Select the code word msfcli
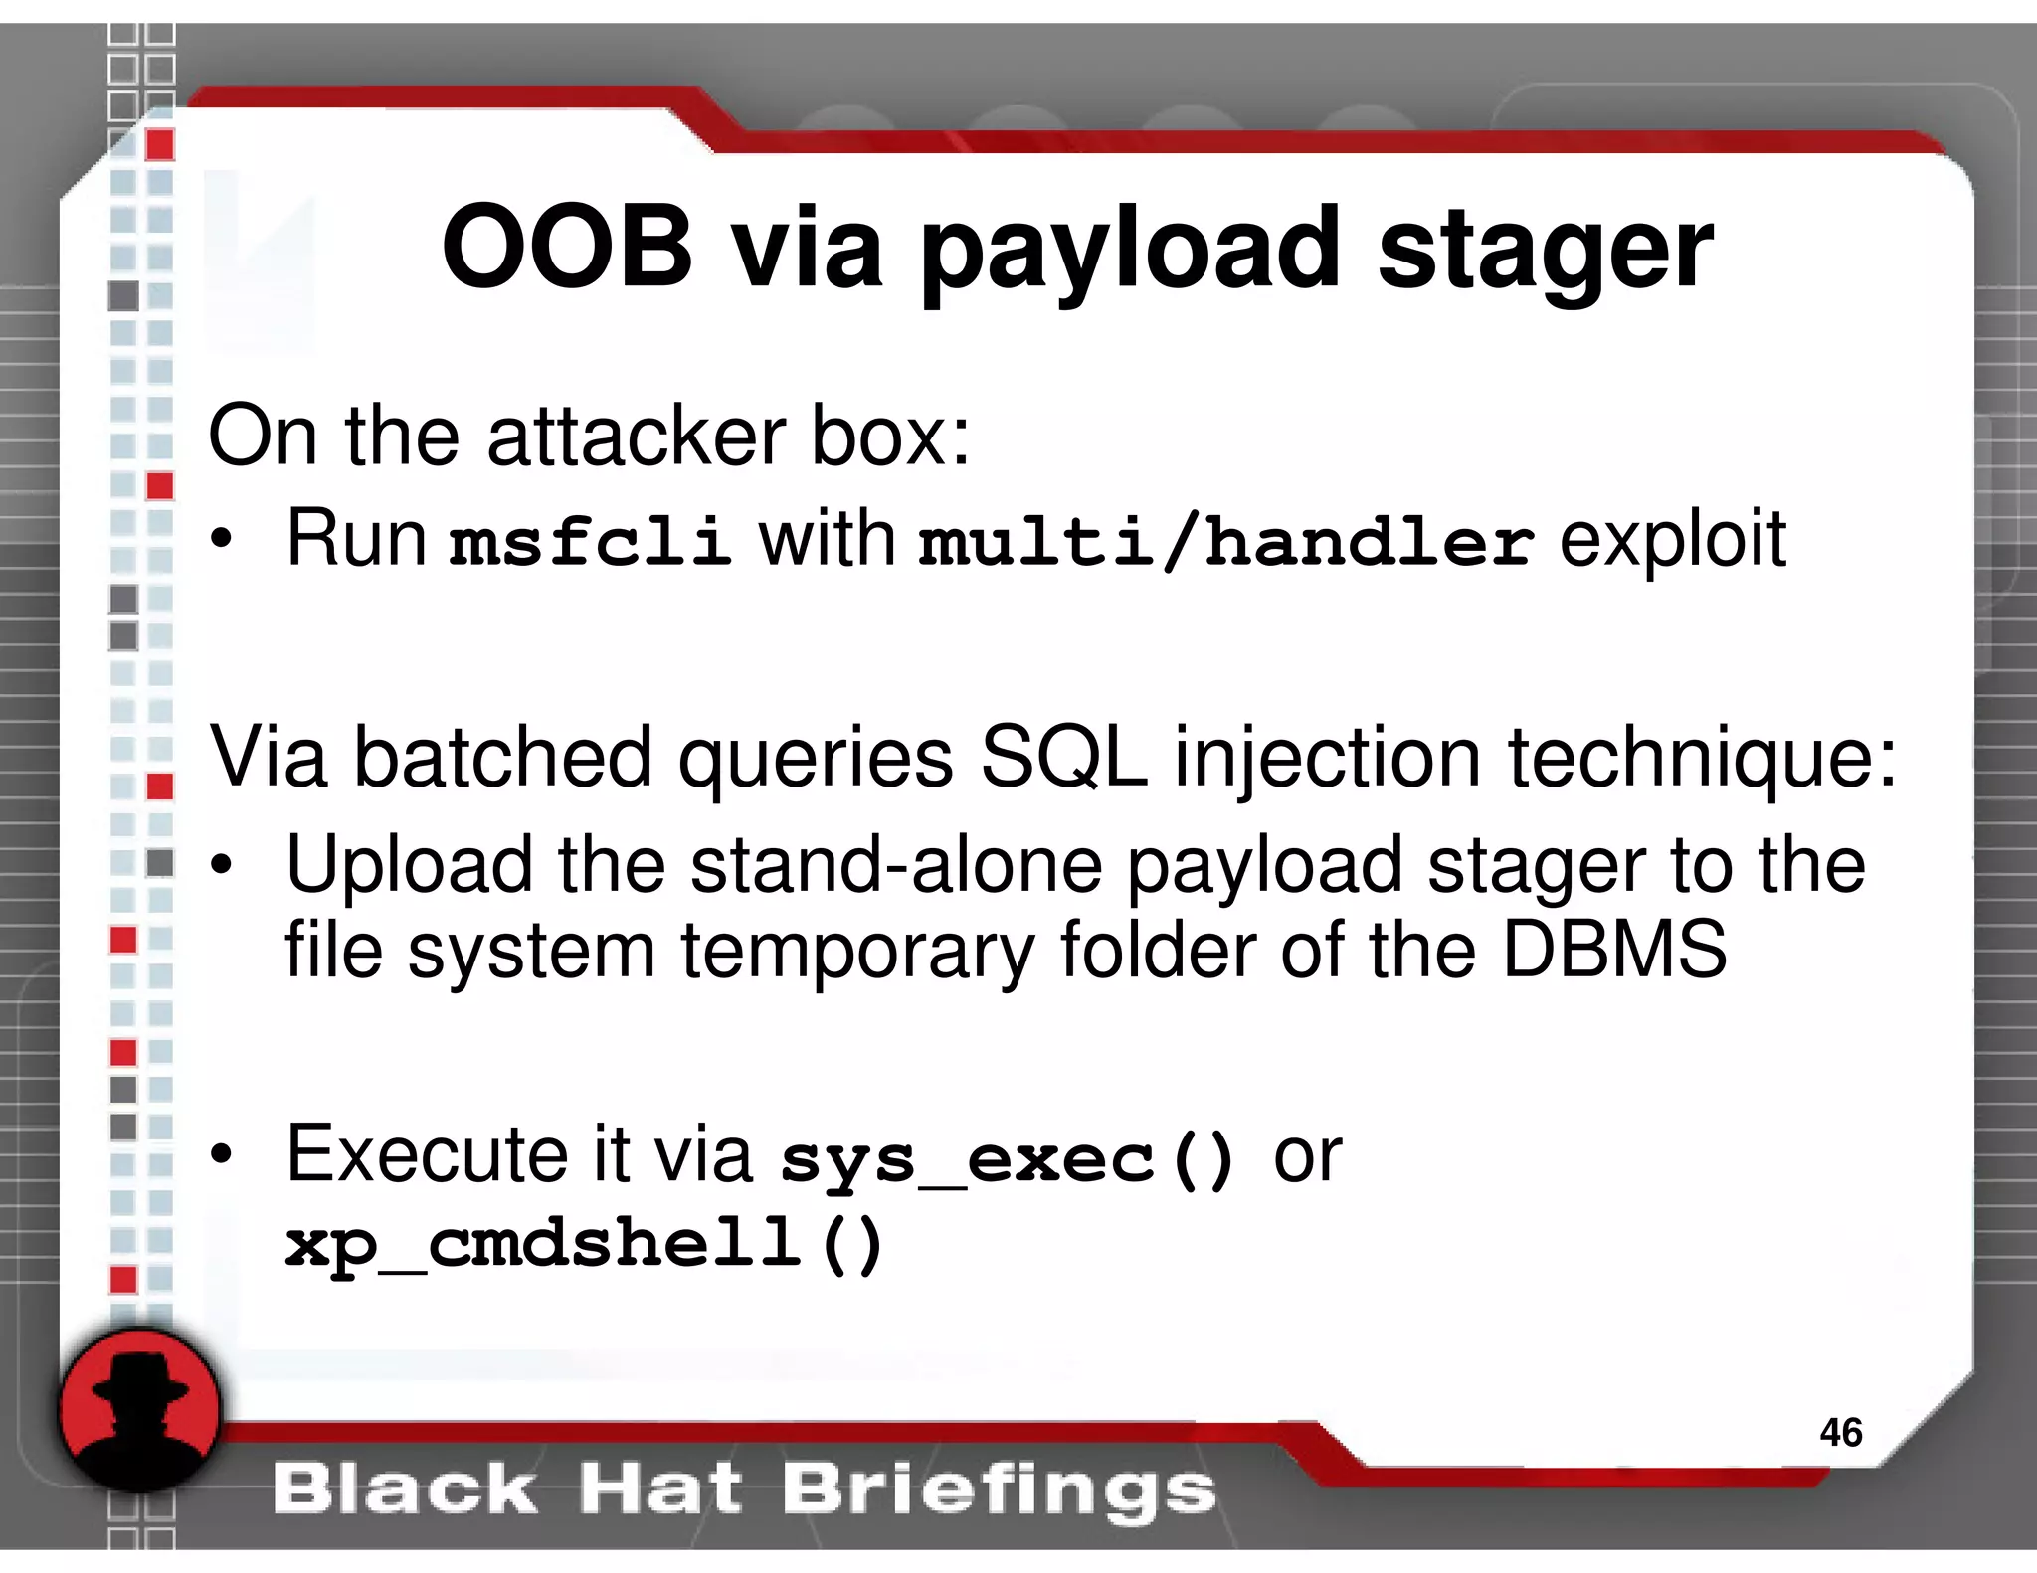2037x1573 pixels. click(x=589, y=542)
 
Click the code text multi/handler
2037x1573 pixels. click(x=1225, y=542)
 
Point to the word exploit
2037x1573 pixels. click(x=1672, y=540)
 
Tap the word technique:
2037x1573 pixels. click(x=1702, y=760)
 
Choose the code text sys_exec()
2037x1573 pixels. click(x=1008, y=1159)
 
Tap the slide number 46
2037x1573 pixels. click(x=1840, y=1432)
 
